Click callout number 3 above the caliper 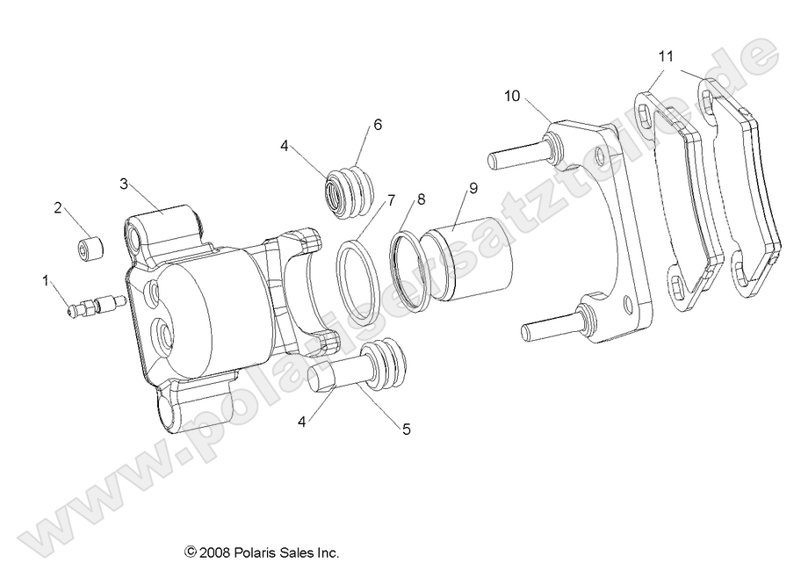tap(125, 184)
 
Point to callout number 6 tap(378, 125)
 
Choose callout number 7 tap(391, 199)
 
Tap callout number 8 tap(422, 199)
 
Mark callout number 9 tap(473, 187)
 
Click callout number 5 tap(406, 430)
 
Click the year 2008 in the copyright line tap(216, 552)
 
